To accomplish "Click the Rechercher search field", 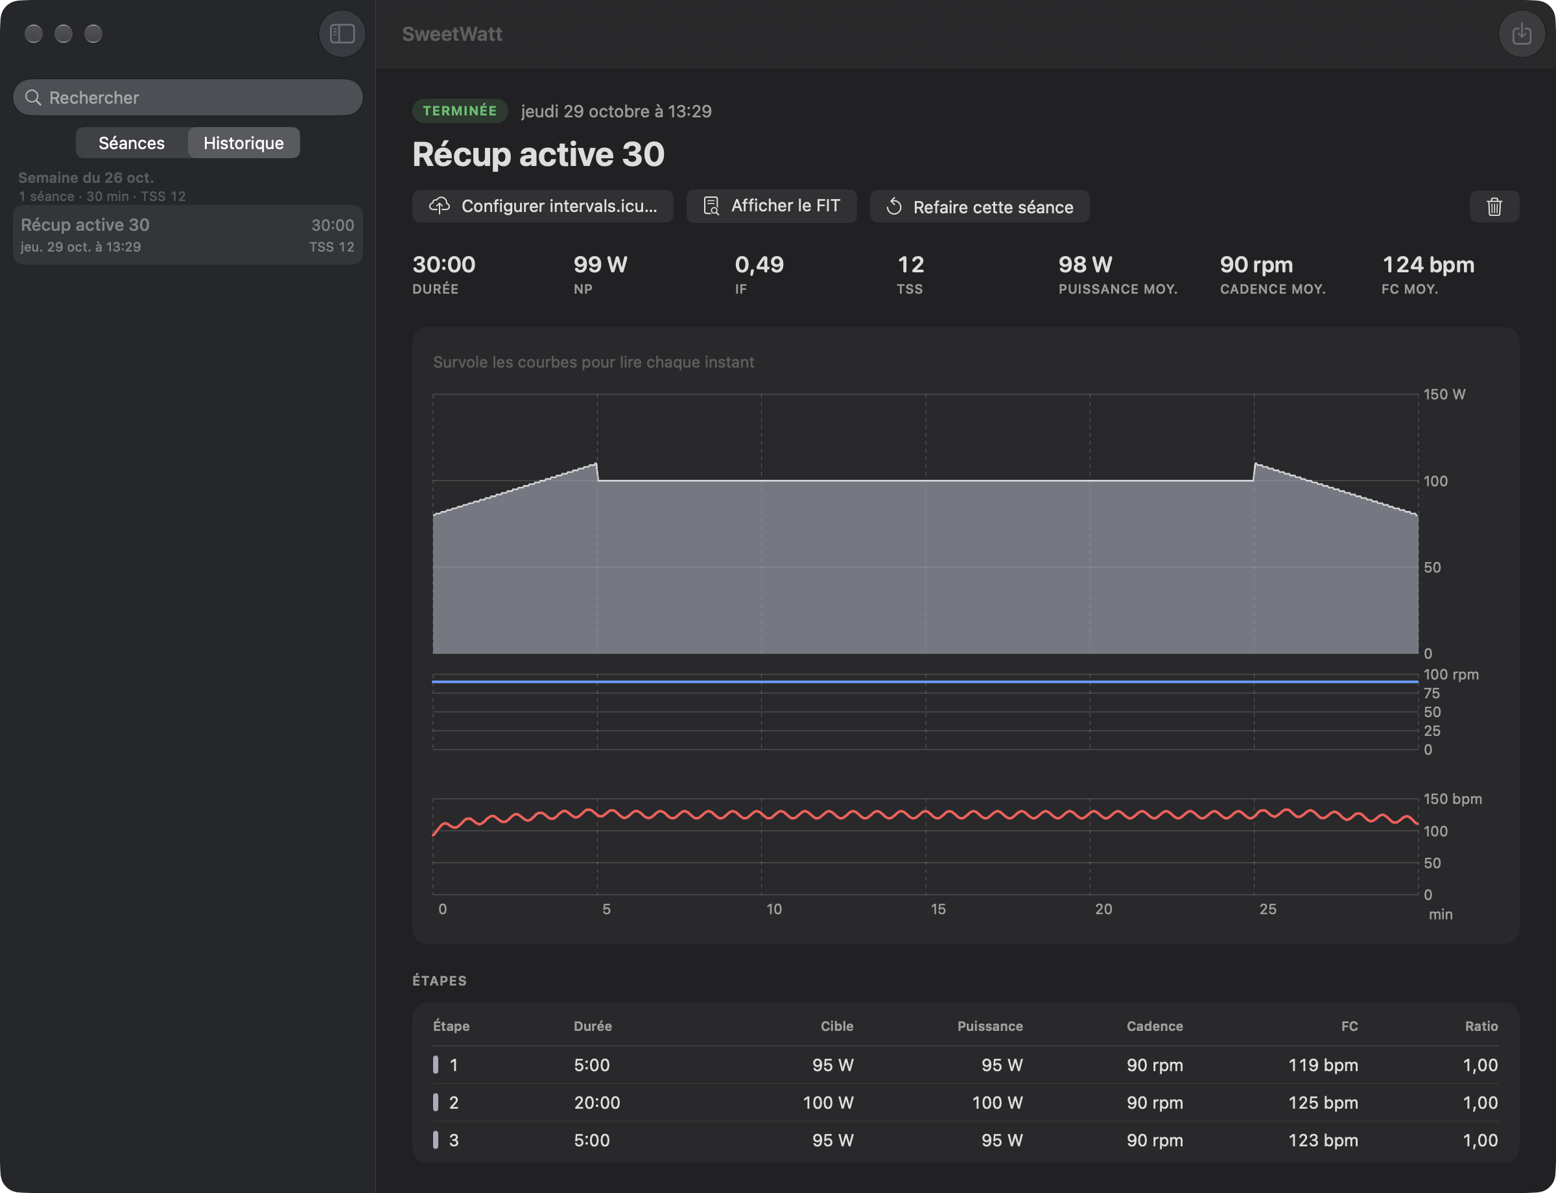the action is [x=187, y=97].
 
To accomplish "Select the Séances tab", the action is [x=132, y=143].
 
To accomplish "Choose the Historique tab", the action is [x=244, y=143].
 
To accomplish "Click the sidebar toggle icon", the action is [x=342, y=33].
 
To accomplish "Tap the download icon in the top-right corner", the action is [x=1521, y=33].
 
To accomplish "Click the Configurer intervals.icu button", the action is [x=543, y=206].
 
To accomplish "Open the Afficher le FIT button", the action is [x=772, y=206].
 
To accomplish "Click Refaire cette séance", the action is [x=980, y=206].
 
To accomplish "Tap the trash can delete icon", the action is [x=1494, y=206].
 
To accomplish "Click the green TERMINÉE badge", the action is [x=460, y=111].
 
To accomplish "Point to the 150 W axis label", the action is [x=1444, y=394].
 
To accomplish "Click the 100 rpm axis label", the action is [x=1451, y=674].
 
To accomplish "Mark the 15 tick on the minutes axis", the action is [x=938, y=909].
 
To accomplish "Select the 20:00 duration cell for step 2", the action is [x=596, y=1102].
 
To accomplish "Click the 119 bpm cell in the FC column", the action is [x=1323, y=1065].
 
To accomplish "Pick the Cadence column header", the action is [x=1155, y=1026].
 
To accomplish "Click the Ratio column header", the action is [x=1481, y=1026].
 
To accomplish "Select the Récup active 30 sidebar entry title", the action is [x=85, y=224].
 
